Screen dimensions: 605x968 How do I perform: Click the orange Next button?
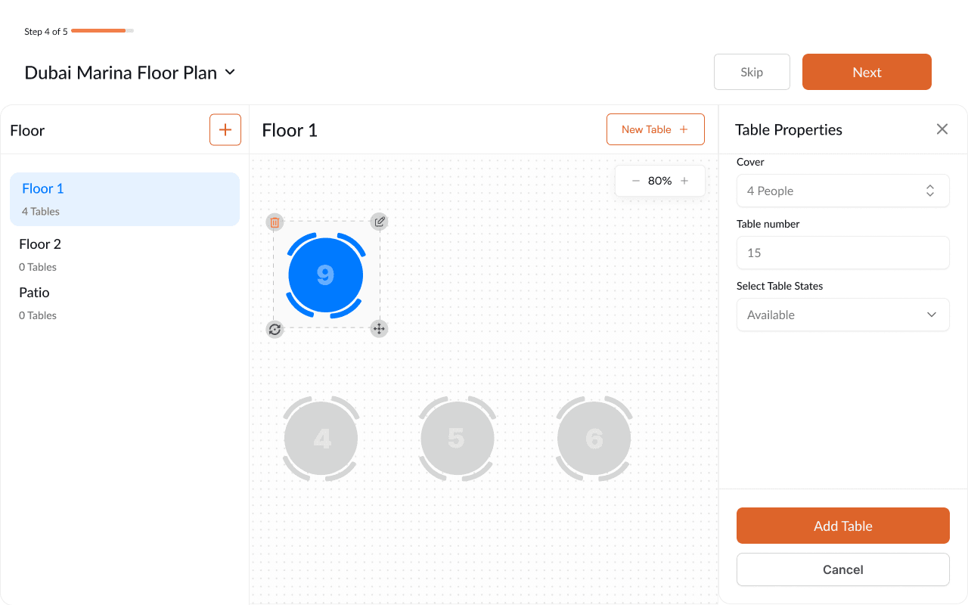coord(867,72)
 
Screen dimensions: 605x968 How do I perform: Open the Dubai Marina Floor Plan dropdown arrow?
coord(230,73)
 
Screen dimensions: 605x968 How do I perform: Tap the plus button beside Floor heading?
coord(225,130)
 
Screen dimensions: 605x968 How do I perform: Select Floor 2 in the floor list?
coord(40,244)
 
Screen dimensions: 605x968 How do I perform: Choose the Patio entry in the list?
coord(34,293)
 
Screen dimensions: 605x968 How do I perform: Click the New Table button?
coord(655,129)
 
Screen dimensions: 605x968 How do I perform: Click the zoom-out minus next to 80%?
coord(636,181)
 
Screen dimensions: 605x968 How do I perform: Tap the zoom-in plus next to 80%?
coord(684,181)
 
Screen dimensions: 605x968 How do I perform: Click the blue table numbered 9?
coord(325,275)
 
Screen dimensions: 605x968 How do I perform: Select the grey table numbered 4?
coord(321,439)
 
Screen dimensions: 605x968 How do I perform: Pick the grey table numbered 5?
coord(457,439)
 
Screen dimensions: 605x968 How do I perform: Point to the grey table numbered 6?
coord(594,439)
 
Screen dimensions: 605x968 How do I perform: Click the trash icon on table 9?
coord(275,222)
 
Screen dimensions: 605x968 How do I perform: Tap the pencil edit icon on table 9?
coord(380,222)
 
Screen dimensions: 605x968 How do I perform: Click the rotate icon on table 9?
coord(275,329)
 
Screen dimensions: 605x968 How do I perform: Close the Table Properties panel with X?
coord(942,129)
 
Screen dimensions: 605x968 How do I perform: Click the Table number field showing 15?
coord(842,253)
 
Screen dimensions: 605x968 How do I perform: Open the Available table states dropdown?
coord(842,315)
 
